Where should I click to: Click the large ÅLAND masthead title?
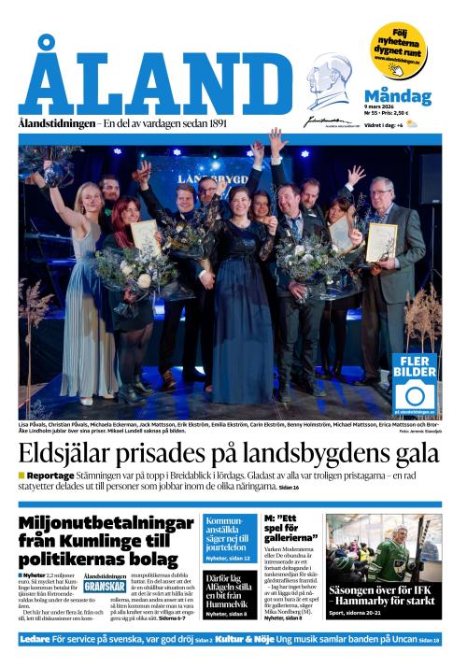point(154,80)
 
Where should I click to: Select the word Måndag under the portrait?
point(397,97)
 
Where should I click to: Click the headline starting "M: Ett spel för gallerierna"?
point(291,530)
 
